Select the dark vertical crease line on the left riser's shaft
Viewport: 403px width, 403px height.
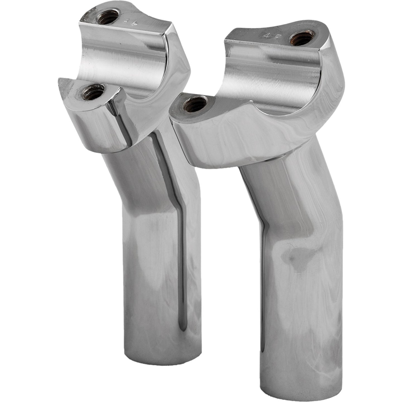181,251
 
